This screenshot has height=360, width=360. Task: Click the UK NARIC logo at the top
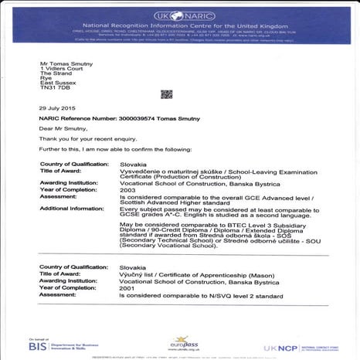(179, 15)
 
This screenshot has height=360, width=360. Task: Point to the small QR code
(166, 94)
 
